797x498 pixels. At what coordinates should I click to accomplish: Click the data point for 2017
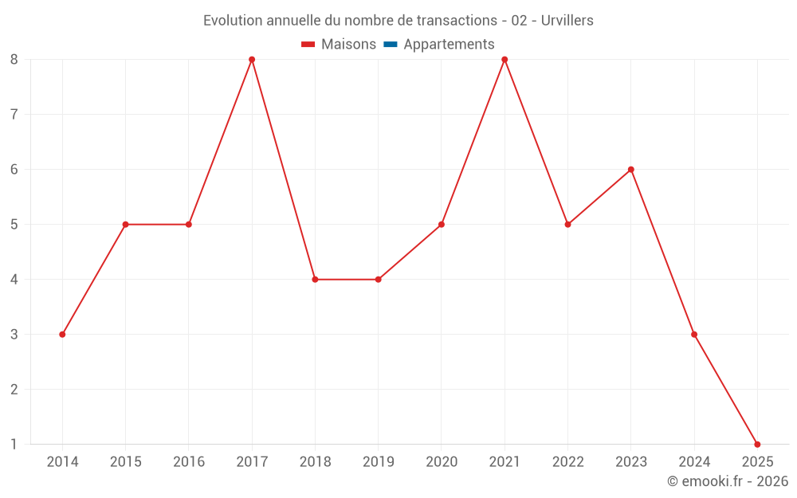[x=252, y=60]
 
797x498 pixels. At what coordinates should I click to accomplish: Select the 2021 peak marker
[x=505, y=60]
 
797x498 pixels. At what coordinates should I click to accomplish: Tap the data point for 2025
[x=757, y=444]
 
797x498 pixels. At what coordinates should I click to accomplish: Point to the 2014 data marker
[x=62, y=334]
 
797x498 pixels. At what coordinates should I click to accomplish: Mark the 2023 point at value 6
[x=631, y=170]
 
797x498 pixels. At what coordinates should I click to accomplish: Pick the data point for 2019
[x=378, y=280]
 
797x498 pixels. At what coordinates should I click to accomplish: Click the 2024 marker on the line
[x=694, y=334]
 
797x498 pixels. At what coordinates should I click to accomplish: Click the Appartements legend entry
[x=449, y=45]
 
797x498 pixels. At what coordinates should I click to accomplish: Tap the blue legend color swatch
[x=391, y=45]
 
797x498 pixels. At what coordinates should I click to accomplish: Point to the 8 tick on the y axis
[x=14, y=60]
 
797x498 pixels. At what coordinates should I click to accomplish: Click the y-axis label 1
[x=14, y=444]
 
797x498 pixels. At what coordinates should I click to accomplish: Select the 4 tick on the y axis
[x=14, y=280]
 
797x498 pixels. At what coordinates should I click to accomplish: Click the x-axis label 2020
[x=442, y=462]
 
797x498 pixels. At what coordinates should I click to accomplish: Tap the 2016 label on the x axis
[x=189, y=462]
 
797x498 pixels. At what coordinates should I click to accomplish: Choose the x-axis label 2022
[x=568, y=462]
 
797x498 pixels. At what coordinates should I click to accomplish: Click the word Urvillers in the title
[x=567, y=21]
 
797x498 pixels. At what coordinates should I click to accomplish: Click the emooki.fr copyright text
[x=728, y=481]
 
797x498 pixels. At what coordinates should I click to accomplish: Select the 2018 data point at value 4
[x=315, y=280]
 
